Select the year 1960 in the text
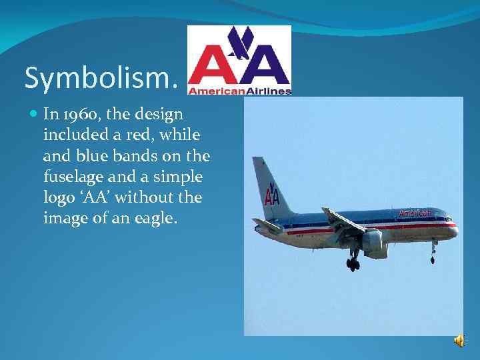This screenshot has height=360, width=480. pos(79,114)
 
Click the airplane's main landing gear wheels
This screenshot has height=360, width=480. pos(353,264)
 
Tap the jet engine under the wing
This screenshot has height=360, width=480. pos(374,239)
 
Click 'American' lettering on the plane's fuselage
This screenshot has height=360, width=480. pos(415,213)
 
